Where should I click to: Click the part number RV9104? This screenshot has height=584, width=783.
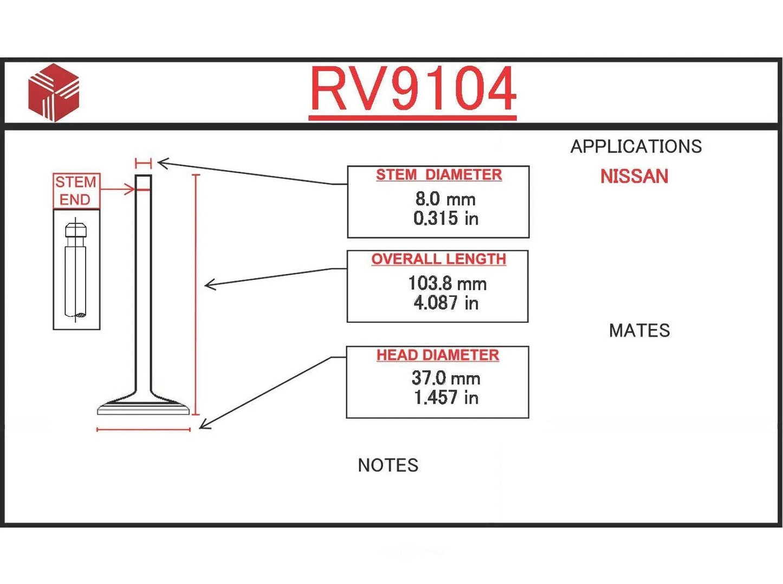(x=412, y=89)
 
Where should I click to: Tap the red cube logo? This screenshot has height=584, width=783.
(x=54, y=92)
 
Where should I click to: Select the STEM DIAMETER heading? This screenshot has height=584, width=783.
(x=439, y=175)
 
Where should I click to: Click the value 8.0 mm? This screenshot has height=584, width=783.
(x=445, y=199)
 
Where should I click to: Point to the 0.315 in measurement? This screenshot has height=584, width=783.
(x=445, y=218)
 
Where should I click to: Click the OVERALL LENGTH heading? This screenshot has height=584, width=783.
(x=438, y=259)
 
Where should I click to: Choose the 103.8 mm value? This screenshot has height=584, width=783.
(x=447, y=283)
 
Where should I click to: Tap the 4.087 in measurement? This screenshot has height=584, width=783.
(x=446, y=303)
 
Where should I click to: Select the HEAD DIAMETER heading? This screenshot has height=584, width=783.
(x=438, y=355)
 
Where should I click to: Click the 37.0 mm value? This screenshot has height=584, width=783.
(x=446, y=378)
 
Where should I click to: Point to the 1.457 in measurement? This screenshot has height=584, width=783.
(x=446, y=398)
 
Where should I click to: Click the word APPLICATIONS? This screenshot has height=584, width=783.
(x=636, y=146)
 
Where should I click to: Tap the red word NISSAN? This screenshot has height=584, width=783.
(x=634, y=177)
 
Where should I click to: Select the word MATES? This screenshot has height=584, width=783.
(x=639, y=330)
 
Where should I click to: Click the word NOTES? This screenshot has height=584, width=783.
(x=388, y=465)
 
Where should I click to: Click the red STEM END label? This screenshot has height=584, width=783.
(x=76, y=191)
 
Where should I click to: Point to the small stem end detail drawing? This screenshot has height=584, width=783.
(x=76, y=269)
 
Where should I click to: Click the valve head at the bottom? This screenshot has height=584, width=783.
(x=144, y=407)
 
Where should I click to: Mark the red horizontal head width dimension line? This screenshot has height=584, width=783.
(x=144, y=430)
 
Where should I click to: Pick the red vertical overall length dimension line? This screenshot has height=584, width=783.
(x=196, y=295)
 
